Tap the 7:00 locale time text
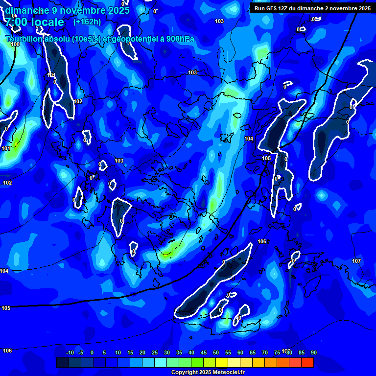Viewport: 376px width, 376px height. pos(34,22)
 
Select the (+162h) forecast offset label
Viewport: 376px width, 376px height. pos(87,22)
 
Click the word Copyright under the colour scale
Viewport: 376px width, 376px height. pos(184,373)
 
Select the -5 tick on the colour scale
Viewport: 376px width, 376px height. pos(81,352)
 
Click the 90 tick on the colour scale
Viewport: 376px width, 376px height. pos(313,352)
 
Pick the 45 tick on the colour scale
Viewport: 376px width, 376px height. pos(203,352)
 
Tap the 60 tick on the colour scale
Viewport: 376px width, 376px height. pos(240,352)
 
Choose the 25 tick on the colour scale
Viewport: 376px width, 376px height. pos(154,352)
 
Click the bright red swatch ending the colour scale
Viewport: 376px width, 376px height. pos(307,363)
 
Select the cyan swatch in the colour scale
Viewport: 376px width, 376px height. pos(160,363)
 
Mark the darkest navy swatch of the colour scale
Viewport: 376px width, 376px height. pos(62,363)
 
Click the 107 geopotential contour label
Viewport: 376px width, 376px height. pos(356,261)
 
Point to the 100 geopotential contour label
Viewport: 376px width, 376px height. pos(15,44)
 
